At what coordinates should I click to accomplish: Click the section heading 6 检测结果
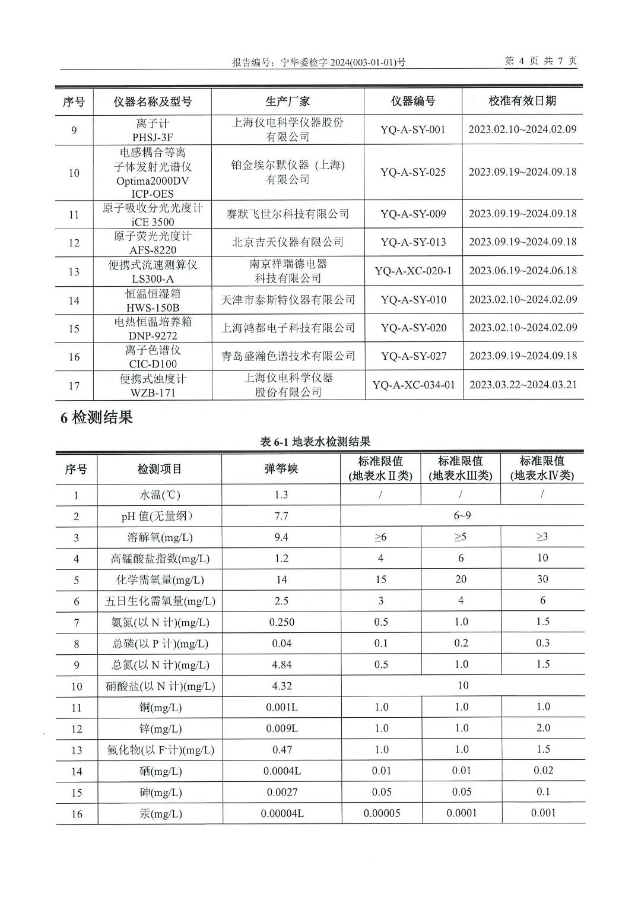pos(96,418)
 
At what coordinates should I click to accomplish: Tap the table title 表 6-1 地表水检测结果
pos(315,442)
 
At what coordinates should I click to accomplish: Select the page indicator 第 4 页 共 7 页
pos(540,61)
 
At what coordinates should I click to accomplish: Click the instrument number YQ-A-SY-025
pos(413,172)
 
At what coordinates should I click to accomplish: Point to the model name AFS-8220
pos(153,250)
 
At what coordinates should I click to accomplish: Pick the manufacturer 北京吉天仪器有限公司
pos(288,242)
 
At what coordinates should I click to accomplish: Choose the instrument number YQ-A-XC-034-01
pos(414,385)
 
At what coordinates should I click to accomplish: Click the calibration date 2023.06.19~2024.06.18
pos(523,271)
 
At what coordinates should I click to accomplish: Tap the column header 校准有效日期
pos(522,101)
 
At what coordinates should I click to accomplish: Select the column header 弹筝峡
pos(281,469)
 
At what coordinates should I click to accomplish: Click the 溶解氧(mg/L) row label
pos(160,537)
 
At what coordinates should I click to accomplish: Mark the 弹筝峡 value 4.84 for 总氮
pos(282,665)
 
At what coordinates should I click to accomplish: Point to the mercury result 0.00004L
pos(283,813)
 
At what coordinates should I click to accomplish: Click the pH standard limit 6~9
pos(462,516)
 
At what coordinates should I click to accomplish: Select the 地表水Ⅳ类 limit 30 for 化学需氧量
pos(542,579)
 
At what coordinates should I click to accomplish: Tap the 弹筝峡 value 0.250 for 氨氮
pos(282,622)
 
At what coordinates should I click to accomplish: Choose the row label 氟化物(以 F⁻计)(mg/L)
pos(160,750)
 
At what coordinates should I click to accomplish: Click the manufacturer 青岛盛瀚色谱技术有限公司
pos(288,356)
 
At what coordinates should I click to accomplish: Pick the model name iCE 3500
pos(153,222)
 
